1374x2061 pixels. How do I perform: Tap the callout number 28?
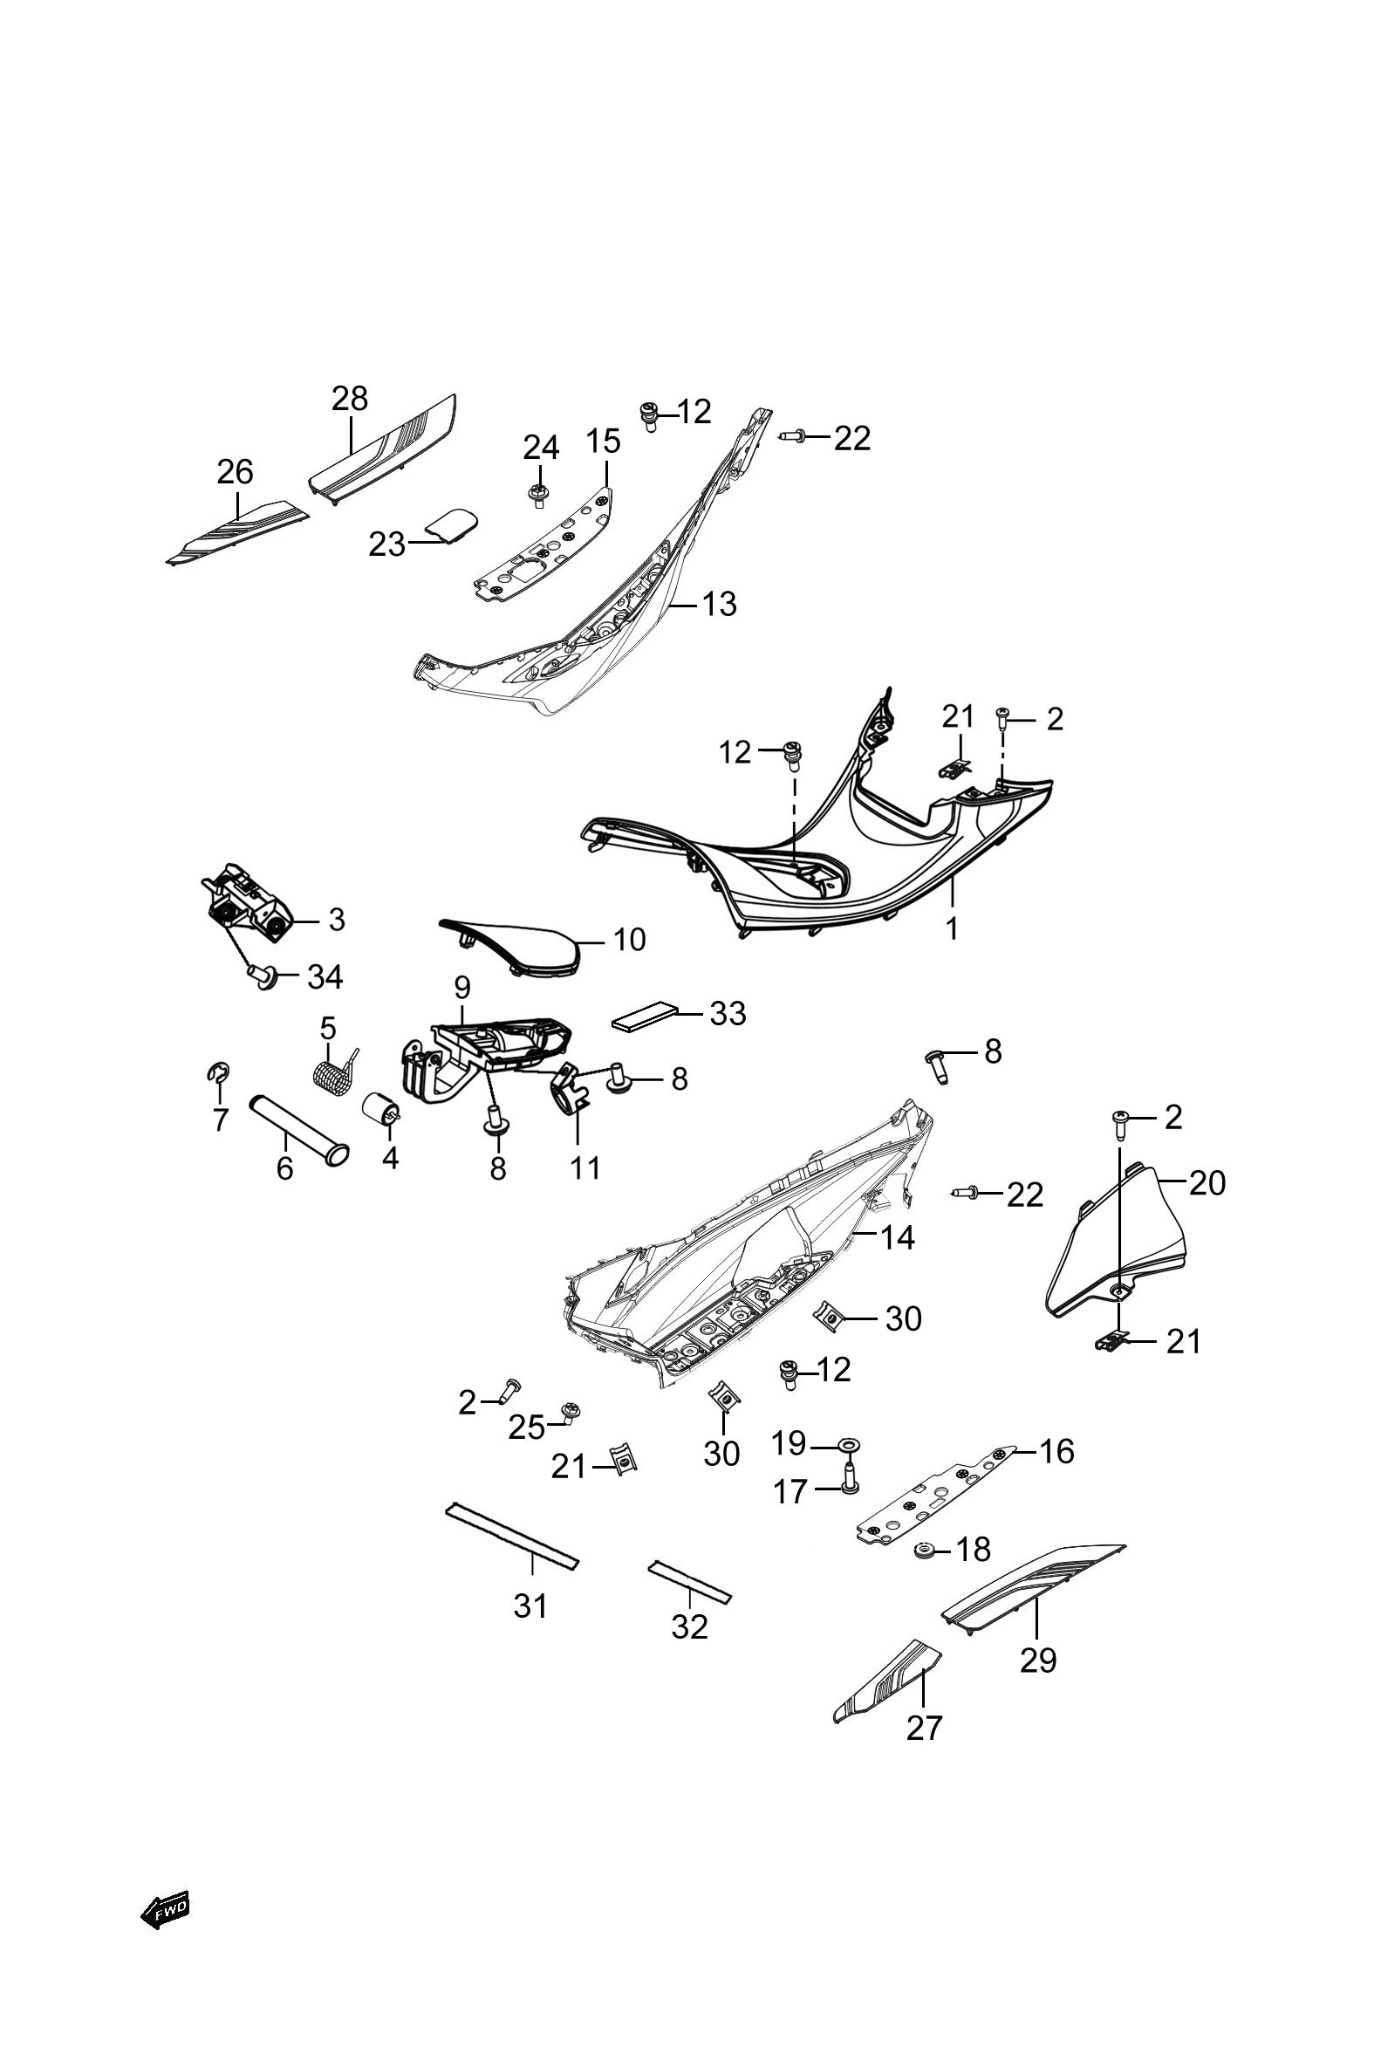[350, 399]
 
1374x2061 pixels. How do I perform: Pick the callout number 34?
[325, 976]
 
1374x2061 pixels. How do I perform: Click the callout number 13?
[720, 604]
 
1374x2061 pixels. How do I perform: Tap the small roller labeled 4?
[382, 1107]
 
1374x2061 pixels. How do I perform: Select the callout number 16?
[1056, 1451]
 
